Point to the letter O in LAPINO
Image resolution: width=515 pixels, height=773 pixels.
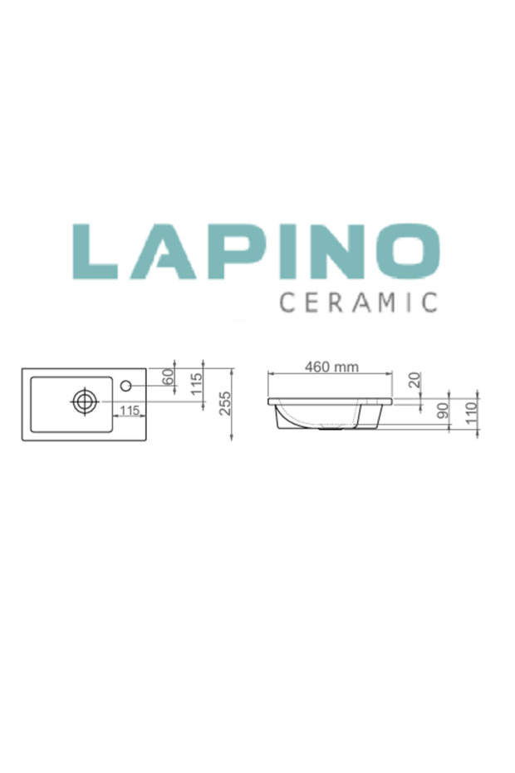406,251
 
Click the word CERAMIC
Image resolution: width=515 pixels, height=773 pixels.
358,301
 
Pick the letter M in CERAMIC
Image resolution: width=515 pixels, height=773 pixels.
390,301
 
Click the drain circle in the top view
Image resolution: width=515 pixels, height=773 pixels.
84,401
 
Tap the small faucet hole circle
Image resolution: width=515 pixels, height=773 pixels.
127,386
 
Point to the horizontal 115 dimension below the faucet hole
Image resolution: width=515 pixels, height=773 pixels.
128,410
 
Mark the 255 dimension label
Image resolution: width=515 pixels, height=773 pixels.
225,404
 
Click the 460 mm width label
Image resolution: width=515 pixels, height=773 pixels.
331,367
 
